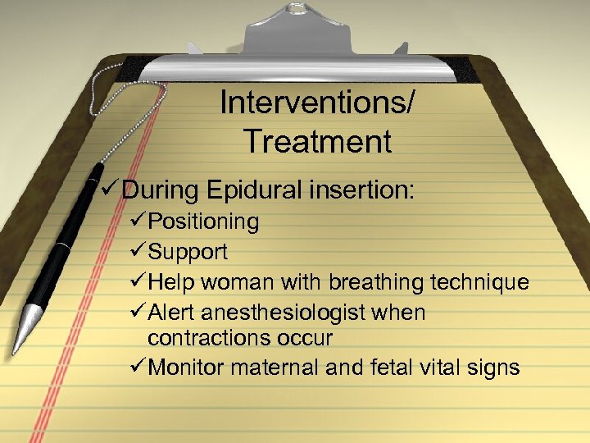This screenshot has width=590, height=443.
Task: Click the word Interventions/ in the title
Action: [x=317, y=104]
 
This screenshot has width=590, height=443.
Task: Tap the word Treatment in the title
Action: [x=317, y=142]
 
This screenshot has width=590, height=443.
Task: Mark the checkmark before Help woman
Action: [x=138, y=283]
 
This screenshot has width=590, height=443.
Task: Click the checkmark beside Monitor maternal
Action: [x=138, y=368]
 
